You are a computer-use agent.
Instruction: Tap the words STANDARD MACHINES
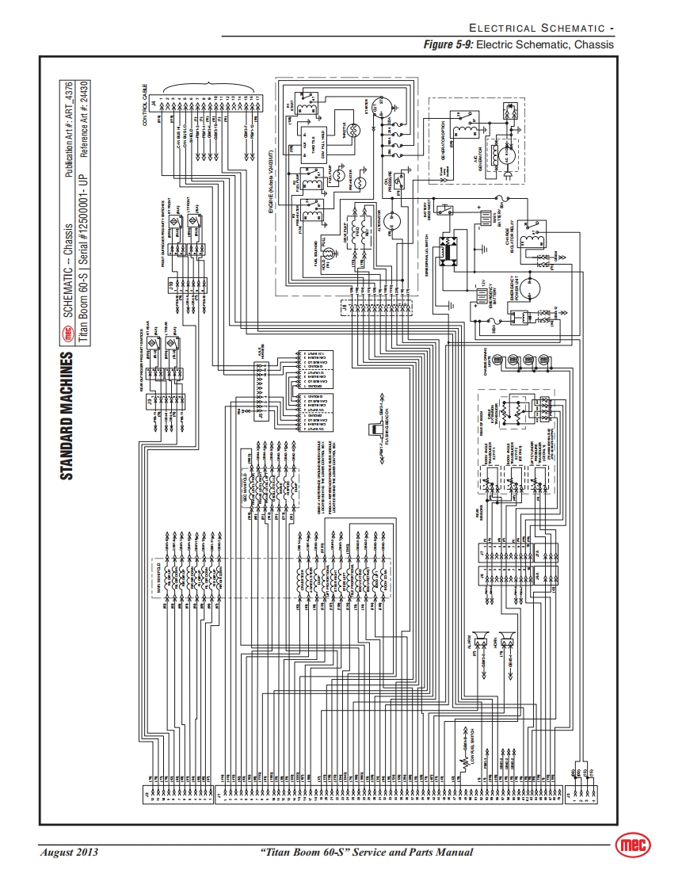pos(68,415)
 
